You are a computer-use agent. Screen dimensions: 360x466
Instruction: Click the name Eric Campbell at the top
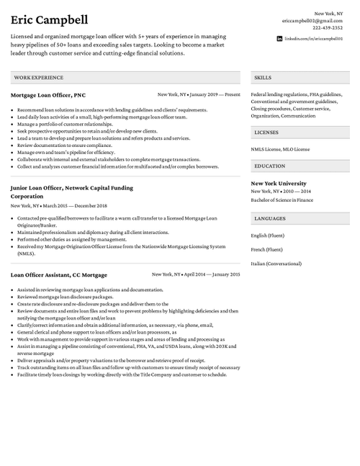coord(48,19)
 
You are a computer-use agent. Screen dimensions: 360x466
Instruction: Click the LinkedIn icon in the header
coord(280,37)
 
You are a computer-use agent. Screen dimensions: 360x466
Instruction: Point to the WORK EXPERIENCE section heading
coord(34,76)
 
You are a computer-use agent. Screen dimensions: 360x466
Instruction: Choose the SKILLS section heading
coord(263,76)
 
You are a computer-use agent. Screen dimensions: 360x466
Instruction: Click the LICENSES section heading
coord(266,133)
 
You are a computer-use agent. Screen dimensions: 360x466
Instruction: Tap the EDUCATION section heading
coord(270,166)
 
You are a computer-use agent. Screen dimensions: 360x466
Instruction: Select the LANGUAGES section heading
coord(270,218)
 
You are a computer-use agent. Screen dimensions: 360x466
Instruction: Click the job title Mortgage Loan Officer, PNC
coord(48,94)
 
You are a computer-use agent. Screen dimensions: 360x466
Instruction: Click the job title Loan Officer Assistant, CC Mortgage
coord(59,274)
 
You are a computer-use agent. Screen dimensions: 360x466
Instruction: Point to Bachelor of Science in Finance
coord(282,200)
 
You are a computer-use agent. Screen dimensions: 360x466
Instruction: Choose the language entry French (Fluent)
coord(266,249)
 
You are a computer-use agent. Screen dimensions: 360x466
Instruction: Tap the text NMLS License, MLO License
coord(280,149)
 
